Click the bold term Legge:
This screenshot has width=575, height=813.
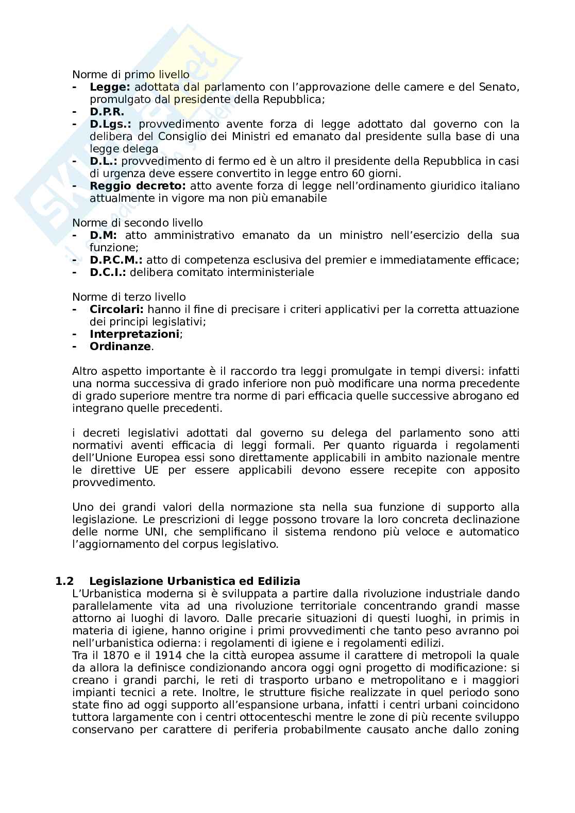coord(110,87)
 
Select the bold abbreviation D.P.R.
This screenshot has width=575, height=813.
coord(107,112)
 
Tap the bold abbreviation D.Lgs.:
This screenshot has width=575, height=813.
coord(110,124)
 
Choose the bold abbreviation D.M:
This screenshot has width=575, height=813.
coord(104,235)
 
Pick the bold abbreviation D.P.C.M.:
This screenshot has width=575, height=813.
coord(116,260)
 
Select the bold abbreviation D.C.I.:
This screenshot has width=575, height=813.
coord(108,272)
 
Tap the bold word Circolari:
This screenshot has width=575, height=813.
coord(117,309)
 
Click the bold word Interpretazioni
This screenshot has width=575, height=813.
coord(134,334)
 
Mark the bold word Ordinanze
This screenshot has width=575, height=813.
coord(120,347)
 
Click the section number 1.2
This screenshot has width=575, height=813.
coord(65,581)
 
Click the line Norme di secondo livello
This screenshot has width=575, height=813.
coord(138,223)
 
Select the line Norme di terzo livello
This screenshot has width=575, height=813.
coord(129,297)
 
